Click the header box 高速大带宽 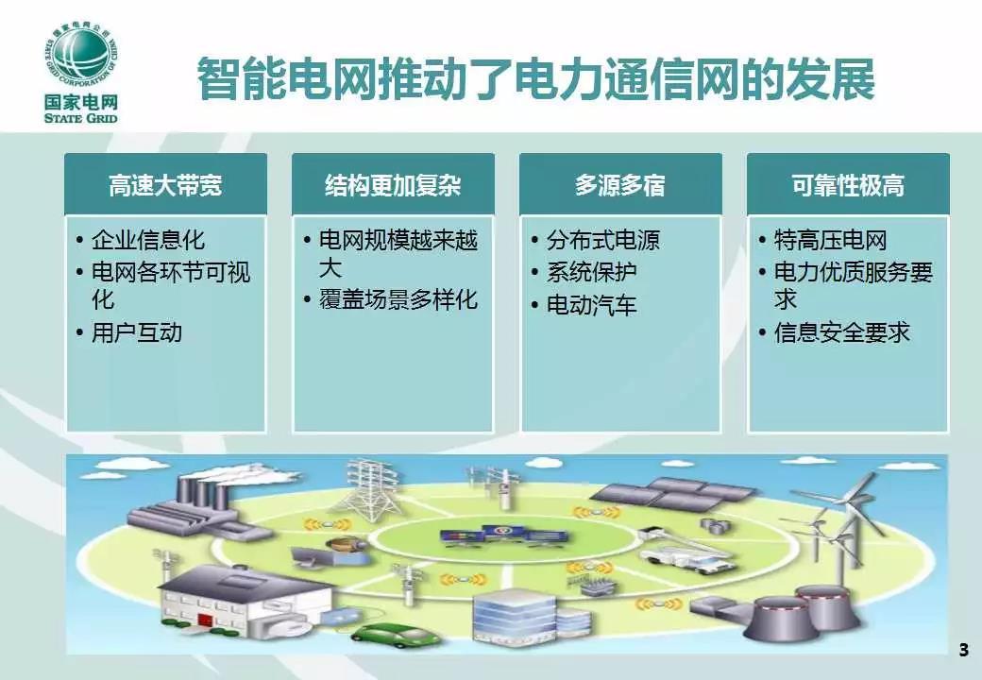pyautogui.click(x=165, y=185)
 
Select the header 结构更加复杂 pyautogui.click(x=393, y=185)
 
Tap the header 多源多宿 pyautogui.click(x=620, y=185)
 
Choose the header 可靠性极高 pyautogui.click(x=848, y=185)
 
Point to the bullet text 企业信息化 pyautogui.click(x=148, y=240)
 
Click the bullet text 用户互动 pyautogui.click(x=137, y=332)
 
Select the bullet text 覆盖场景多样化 pyautogui.click(x=398, y=299)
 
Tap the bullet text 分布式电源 pyautogui.click(x=603, y=240)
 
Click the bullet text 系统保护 pyautogui.click(x=592, y=272)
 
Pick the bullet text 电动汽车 pyautogui.click(x=592, y=305)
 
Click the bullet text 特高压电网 pyautogui.click(x=830, y=240)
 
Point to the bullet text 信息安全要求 pyautogui.click(x=841, y=332)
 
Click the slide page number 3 pyautogui.click(x=963, y=650)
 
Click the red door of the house pyautogui.click(x=206, y=620)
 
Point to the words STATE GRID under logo pyautogui.click(x=81, y=118)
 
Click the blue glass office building pyautogui.click(x=515, y=616)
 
